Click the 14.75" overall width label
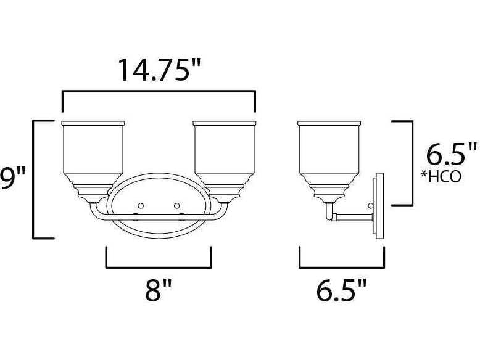click(x=159, y=70)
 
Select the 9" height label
click(x=12, y=179)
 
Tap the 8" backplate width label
click(x=159, y=290)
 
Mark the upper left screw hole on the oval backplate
click(x=141, y=205)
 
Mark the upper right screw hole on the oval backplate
click(x=176, y=205)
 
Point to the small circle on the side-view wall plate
click(x=371, y=205)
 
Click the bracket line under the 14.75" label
click(x=159, y=92)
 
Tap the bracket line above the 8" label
click(x=159, y=268)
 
